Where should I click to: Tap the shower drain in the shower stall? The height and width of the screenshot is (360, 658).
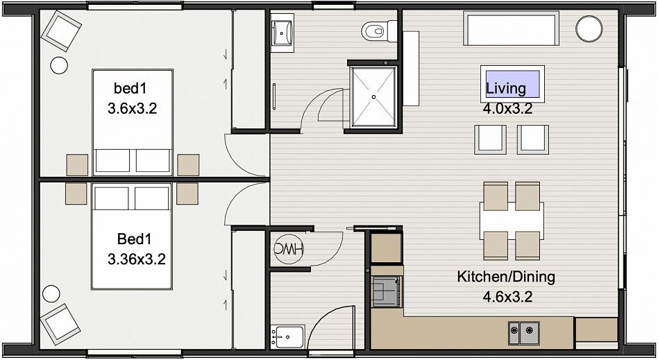(373, 97)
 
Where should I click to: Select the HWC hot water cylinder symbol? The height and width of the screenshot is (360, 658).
(289, 249)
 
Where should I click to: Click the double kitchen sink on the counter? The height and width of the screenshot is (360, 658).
(524, 333)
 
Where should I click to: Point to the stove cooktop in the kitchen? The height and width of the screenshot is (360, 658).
(387, 291)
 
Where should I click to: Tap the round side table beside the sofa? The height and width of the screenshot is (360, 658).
(589, 28)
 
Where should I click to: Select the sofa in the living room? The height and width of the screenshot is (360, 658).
(511, 28)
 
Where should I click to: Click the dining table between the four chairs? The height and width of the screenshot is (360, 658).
(512, 221)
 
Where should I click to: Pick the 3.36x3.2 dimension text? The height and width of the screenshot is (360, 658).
(136, 259)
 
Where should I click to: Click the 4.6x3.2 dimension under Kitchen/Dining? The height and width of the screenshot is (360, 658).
(507, 297)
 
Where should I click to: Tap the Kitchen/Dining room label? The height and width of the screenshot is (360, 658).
(506, 277)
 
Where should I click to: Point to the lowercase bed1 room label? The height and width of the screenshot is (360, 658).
(130, 88)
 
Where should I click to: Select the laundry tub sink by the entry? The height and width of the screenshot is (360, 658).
(287, 336)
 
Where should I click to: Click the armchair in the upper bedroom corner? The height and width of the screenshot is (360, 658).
(61, 31)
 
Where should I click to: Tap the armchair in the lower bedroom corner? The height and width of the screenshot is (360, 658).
(60, 324)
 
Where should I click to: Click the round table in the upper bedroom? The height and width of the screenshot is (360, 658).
(59, 65)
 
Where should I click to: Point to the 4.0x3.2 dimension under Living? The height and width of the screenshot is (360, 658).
(507, 109)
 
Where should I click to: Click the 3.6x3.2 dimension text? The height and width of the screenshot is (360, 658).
(132, 109)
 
